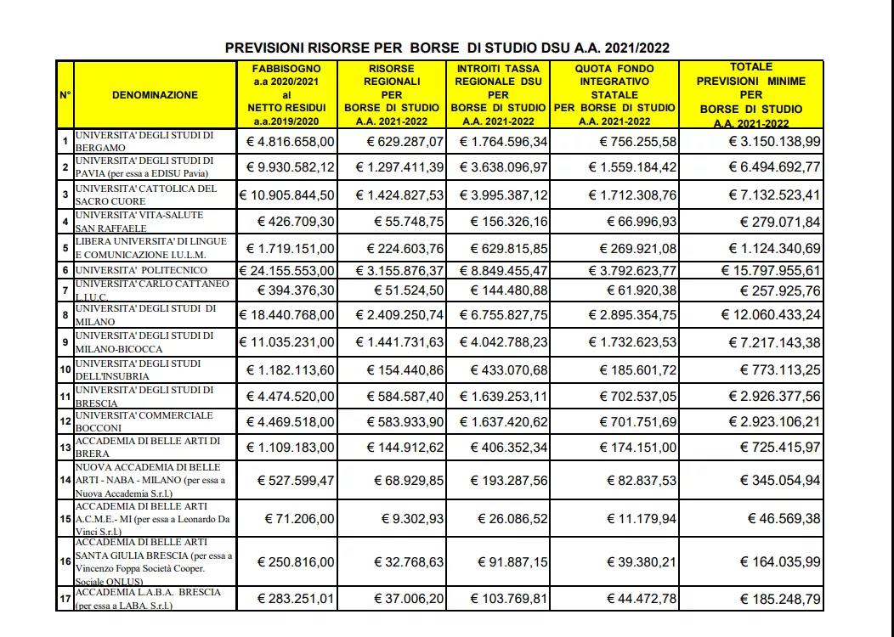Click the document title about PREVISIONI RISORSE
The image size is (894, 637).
pyautogui.click(x=447, y=48)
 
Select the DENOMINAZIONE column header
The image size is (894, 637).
pyautogui.click(x=154, y=95)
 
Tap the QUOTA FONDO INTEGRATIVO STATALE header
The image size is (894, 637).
pyautogui.click(x=614, y=94)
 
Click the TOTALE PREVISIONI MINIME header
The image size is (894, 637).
pyautogui.click(x=750, y=94)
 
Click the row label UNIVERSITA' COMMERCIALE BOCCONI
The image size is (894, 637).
pyautogui.click(x=144, y=421)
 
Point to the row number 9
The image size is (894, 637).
pyautogui.click(x=65, y=344)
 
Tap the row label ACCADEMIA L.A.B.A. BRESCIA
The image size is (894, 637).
pyautogui.click(x=148, y=599)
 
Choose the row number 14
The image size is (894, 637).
pyautogui.click(x=65, y=481)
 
